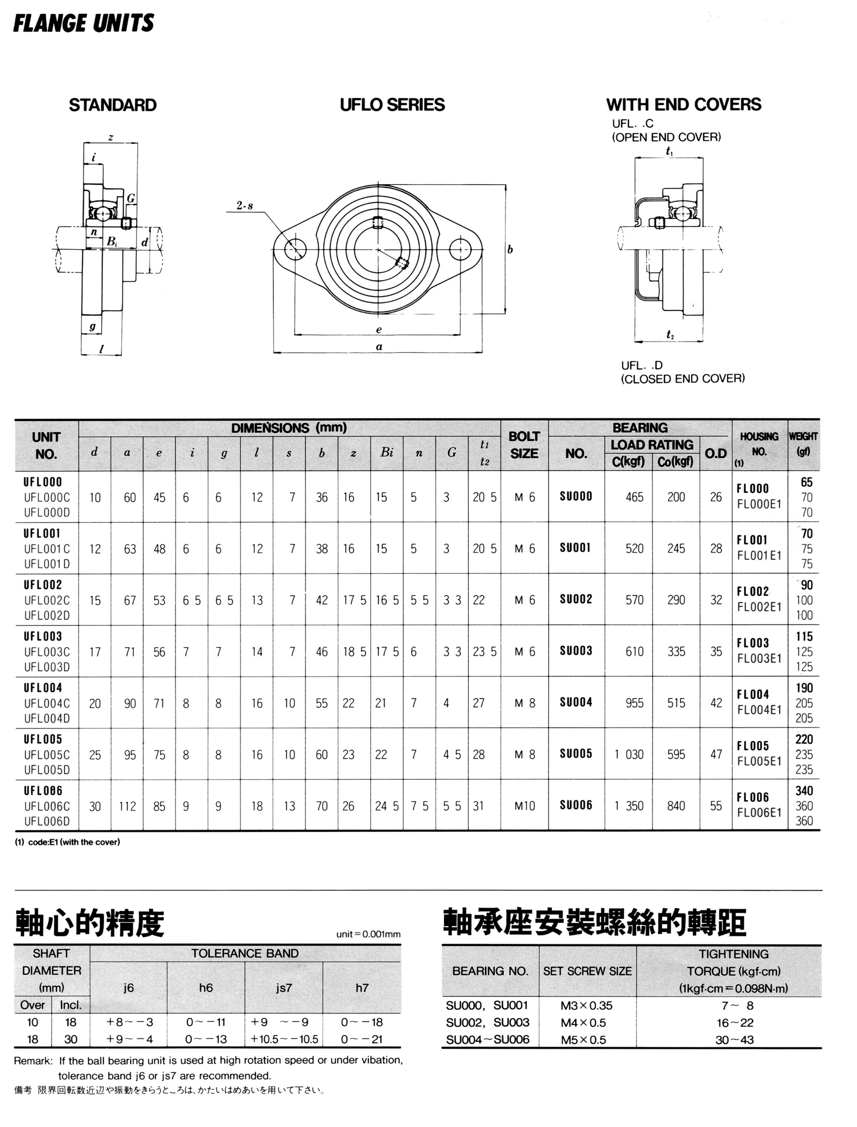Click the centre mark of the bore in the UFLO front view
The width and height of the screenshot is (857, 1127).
pyautogui.click(x=378, y=249)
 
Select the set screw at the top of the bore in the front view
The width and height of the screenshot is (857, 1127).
pyautogui.click(x=378, y=222)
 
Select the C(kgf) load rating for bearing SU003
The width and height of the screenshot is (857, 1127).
pyautogui.click(x=635, y=652)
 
